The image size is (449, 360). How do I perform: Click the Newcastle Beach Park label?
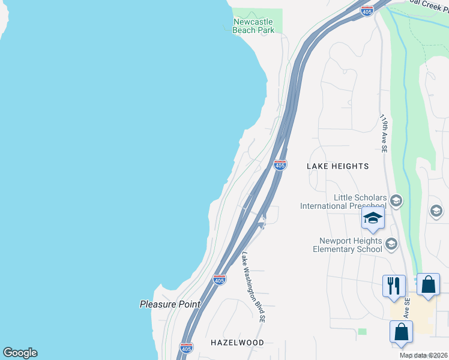point(253,26)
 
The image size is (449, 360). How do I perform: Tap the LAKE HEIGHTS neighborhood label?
point(337,166)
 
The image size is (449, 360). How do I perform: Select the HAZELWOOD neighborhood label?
point(238,343)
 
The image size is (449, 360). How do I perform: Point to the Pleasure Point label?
point(170,304)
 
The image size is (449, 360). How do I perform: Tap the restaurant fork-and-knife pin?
point(394,285)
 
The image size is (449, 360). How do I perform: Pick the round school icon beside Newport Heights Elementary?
point(391,243)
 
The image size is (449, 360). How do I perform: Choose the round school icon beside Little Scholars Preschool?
point(396,201)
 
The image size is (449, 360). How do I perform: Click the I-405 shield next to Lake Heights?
point(280,165)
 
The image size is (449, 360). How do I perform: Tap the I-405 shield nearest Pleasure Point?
point(219,280)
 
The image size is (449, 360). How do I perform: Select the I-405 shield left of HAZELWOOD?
point(186,347)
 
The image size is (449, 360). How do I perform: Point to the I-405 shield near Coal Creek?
point(367,11)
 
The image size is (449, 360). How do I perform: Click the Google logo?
point(20,353)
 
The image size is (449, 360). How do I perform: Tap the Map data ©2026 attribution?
point(424,355)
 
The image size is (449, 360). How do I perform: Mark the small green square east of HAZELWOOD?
point(361,331)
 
